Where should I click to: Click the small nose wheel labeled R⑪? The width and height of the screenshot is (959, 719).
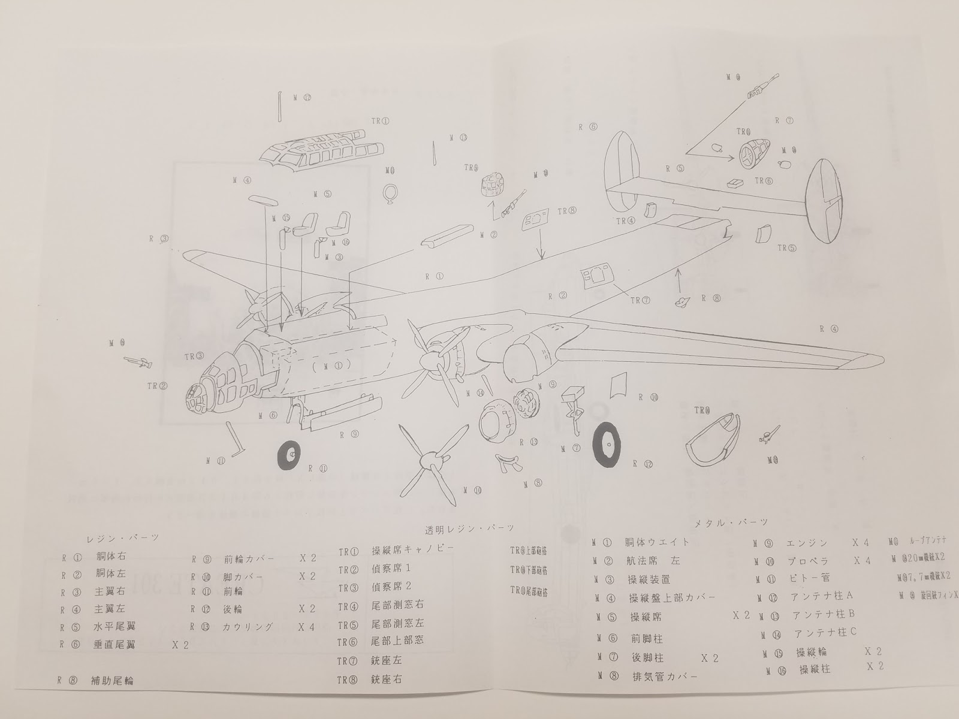pyautogui.click(x=289, y=457)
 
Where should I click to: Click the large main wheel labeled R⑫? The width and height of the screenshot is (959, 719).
pyautogui.click(x=607, y=446)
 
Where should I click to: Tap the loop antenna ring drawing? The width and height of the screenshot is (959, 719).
pyautogui.click(x=390, y=194)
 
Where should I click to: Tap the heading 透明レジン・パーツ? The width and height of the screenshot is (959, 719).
pyautogui.click(x=469, y=528)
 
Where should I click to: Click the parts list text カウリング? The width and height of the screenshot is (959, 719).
pyautogui.click(x=248, y=627)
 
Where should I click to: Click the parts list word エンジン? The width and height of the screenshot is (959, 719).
pyautogui.click(x=806, y=543)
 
